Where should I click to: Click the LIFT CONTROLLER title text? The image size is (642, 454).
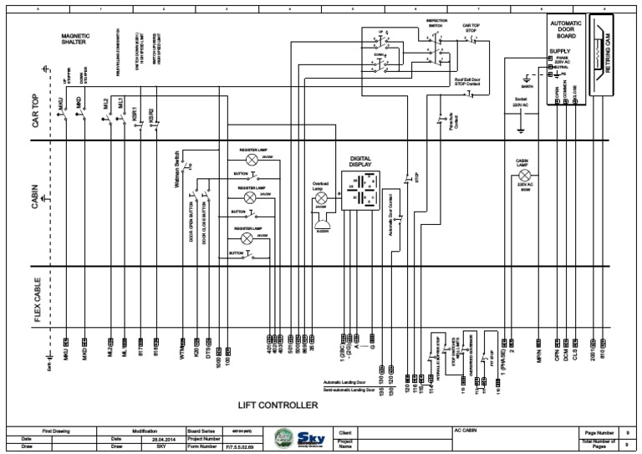tap(278, 406)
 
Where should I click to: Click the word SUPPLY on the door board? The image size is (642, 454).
tap(562, 51)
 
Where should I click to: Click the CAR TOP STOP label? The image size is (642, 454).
tap(473, 28)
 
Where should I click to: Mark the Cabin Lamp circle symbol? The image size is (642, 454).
tap(521, 177)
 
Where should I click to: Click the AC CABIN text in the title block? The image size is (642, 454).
tap(465, 431)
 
